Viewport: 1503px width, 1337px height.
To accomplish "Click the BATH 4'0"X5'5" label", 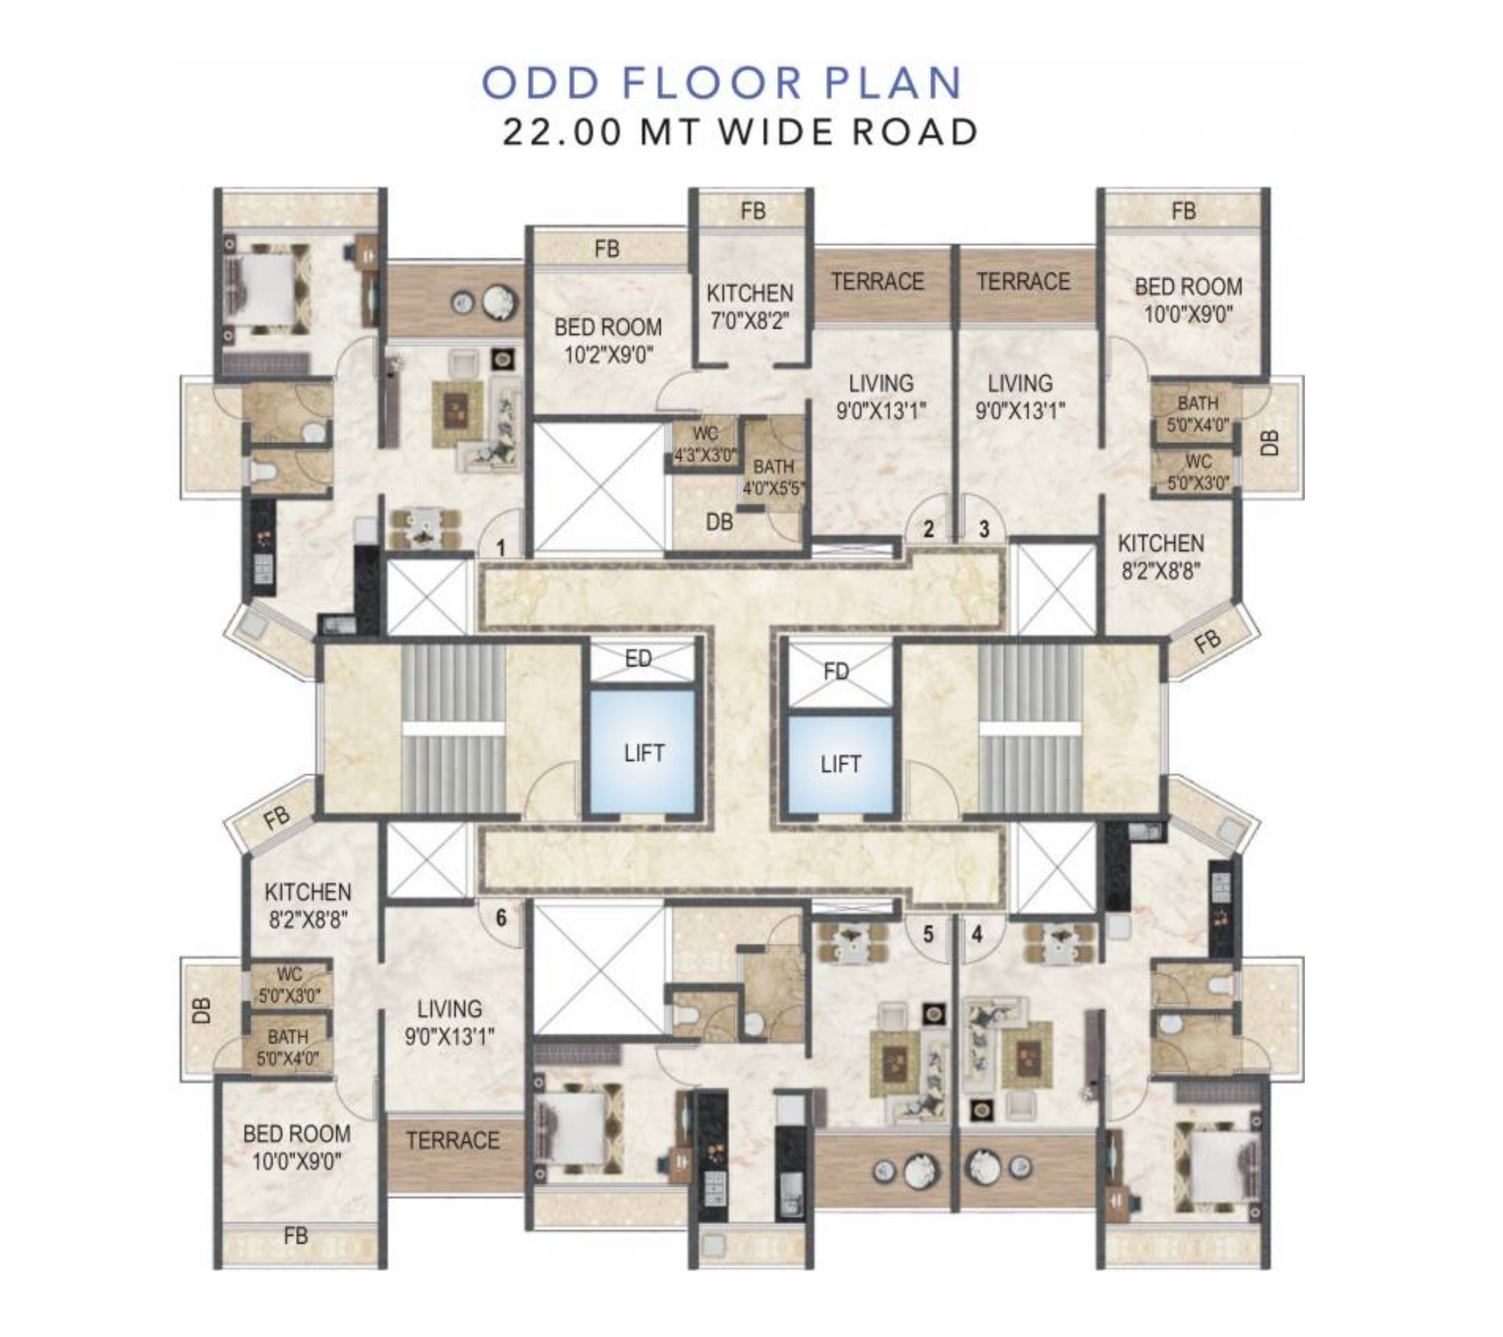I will pos(774,476).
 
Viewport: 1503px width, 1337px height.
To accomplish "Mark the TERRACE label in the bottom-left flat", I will pos(452,1141).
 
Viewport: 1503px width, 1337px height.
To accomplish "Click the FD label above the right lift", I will pos(836,670).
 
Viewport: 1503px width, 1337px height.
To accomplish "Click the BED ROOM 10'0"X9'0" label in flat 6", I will pos(296,1147).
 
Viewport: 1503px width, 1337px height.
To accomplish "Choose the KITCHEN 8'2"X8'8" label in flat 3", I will pos(1160,556).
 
